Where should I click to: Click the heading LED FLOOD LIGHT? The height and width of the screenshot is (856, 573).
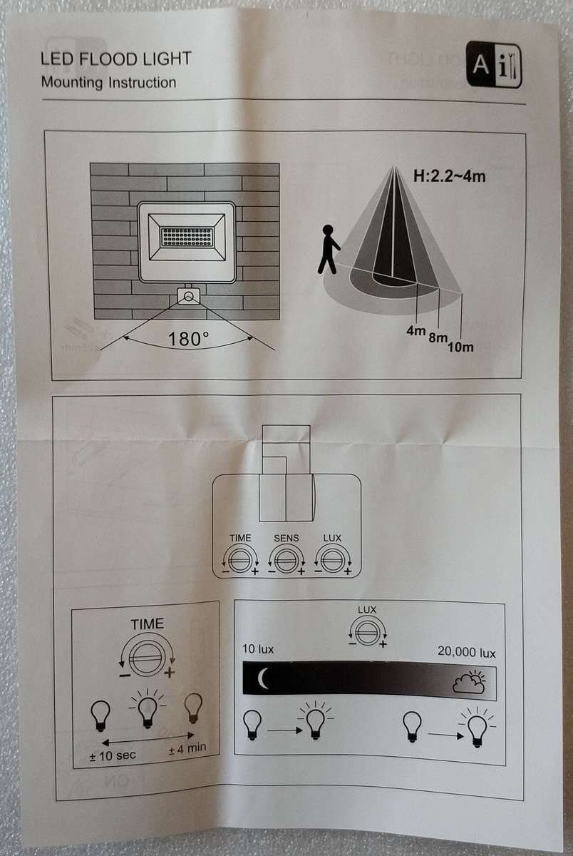tap(116, 59)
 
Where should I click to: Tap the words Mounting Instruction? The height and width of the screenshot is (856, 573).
tap(108, 82)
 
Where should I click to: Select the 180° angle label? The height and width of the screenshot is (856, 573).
tap(188, 338)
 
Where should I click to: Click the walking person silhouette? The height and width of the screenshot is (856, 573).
tap(329, 250)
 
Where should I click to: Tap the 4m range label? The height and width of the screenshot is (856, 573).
tap(415, 331)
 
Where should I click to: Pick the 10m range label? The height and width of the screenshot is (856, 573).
tap(460, 347)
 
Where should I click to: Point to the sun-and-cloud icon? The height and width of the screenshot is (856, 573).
tap(470, 683)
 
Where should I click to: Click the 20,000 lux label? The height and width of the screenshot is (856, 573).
tap(467, 652)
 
